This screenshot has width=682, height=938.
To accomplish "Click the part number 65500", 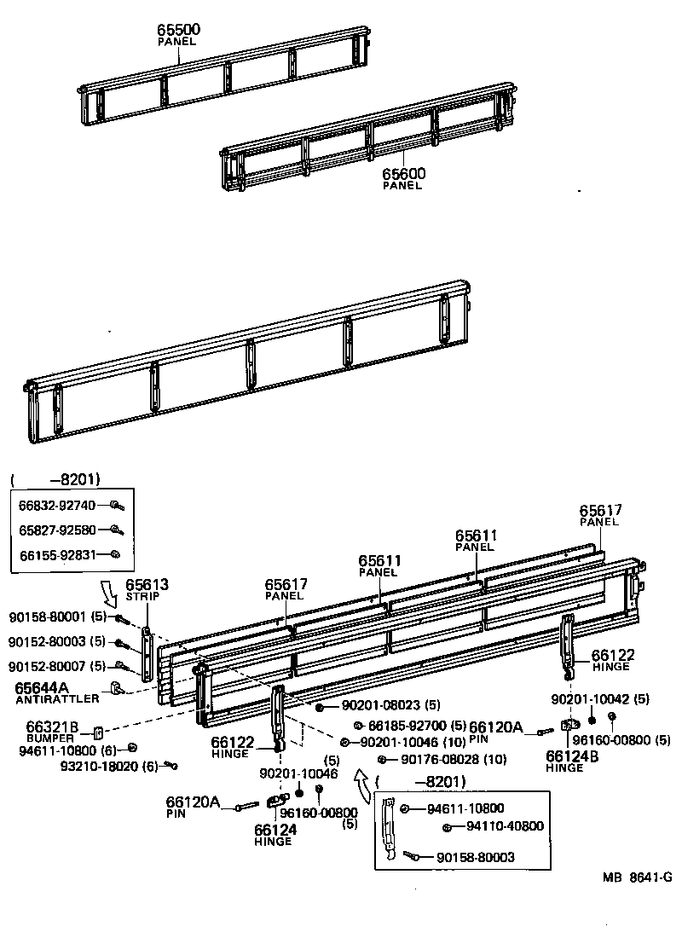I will pos(178,30).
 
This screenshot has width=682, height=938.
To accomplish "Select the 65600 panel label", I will pos(403,174).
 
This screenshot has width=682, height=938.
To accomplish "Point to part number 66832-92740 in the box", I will pos(57,505).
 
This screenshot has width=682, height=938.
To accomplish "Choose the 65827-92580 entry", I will pos(57,530).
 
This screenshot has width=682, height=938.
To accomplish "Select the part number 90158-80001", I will pos(48,617).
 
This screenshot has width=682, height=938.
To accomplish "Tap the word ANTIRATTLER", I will pos(57,698).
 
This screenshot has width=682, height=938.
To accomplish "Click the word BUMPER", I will pos(50,738).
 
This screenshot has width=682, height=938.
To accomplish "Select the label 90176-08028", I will pos(431,759).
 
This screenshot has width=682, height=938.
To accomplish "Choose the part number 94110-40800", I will pos(504,826).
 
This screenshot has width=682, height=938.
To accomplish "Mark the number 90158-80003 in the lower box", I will pos(475,857).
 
